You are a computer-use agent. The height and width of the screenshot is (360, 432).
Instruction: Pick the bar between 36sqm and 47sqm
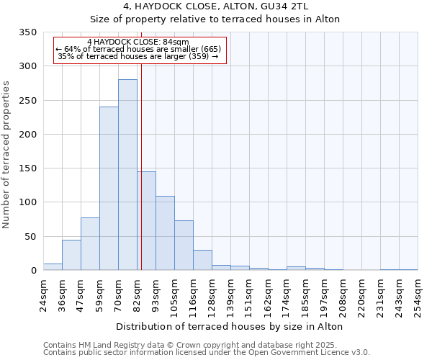[x=71, y=255]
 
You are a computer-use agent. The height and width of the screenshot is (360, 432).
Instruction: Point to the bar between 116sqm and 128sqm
[x=202, y=260]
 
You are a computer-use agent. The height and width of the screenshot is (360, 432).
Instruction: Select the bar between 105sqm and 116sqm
[x=184, y=246]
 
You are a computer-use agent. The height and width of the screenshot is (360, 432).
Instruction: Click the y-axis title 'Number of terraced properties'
[x=7, y=155]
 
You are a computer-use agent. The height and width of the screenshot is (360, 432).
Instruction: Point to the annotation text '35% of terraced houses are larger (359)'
[x=138, y=56]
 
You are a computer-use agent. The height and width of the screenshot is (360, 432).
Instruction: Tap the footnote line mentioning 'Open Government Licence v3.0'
[x=207, y=353]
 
